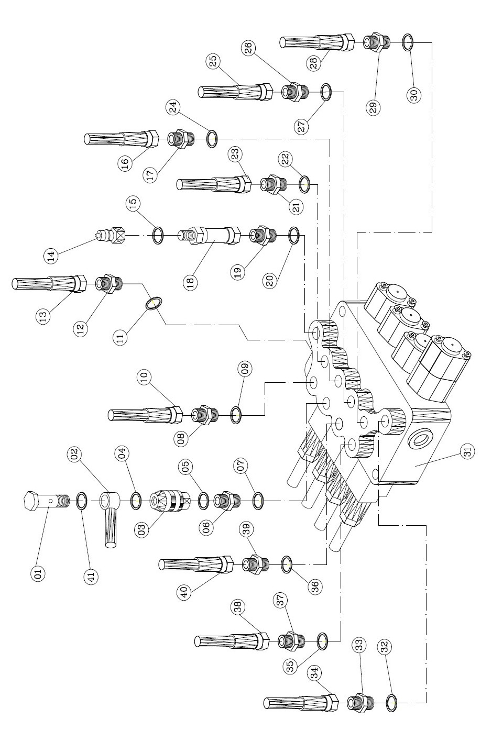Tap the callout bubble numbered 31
tap(468, 451)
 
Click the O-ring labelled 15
tap(157, 235)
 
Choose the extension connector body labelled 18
tap(209, 235)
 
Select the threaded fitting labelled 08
tap(205, 415)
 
